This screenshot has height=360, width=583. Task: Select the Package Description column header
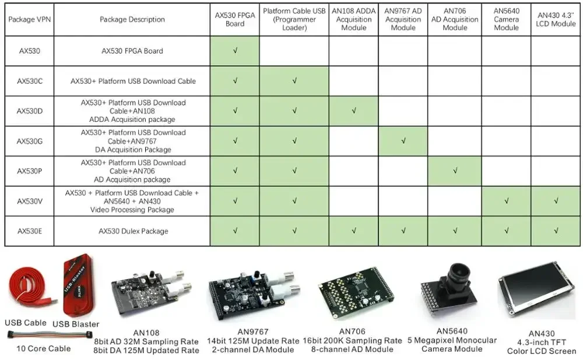(132, 19)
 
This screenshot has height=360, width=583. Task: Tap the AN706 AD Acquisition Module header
(455, 19)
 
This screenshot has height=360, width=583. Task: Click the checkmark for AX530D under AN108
(354, 111)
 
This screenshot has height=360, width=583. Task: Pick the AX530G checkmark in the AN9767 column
(403, 141)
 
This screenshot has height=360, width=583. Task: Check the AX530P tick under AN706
(455, 171)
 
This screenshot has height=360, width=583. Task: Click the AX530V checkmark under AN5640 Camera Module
(506, 201)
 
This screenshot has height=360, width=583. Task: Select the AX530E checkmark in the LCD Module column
(556, 231)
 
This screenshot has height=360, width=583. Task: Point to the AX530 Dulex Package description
(134, 231)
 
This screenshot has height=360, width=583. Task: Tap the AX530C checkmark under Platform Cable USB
(294, 81)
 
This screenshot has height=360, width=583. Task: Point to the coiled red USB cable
(26, 291)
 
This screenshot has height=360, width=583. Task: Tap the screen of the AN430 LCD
(533, 293)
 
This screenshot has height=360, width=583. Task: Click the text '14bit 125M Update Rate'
(252, 341)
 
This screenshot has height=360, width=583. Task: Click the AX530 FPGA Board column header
(235, 19)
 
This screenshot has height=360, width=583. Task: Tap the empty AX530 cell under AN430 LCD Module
(556, 51)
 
